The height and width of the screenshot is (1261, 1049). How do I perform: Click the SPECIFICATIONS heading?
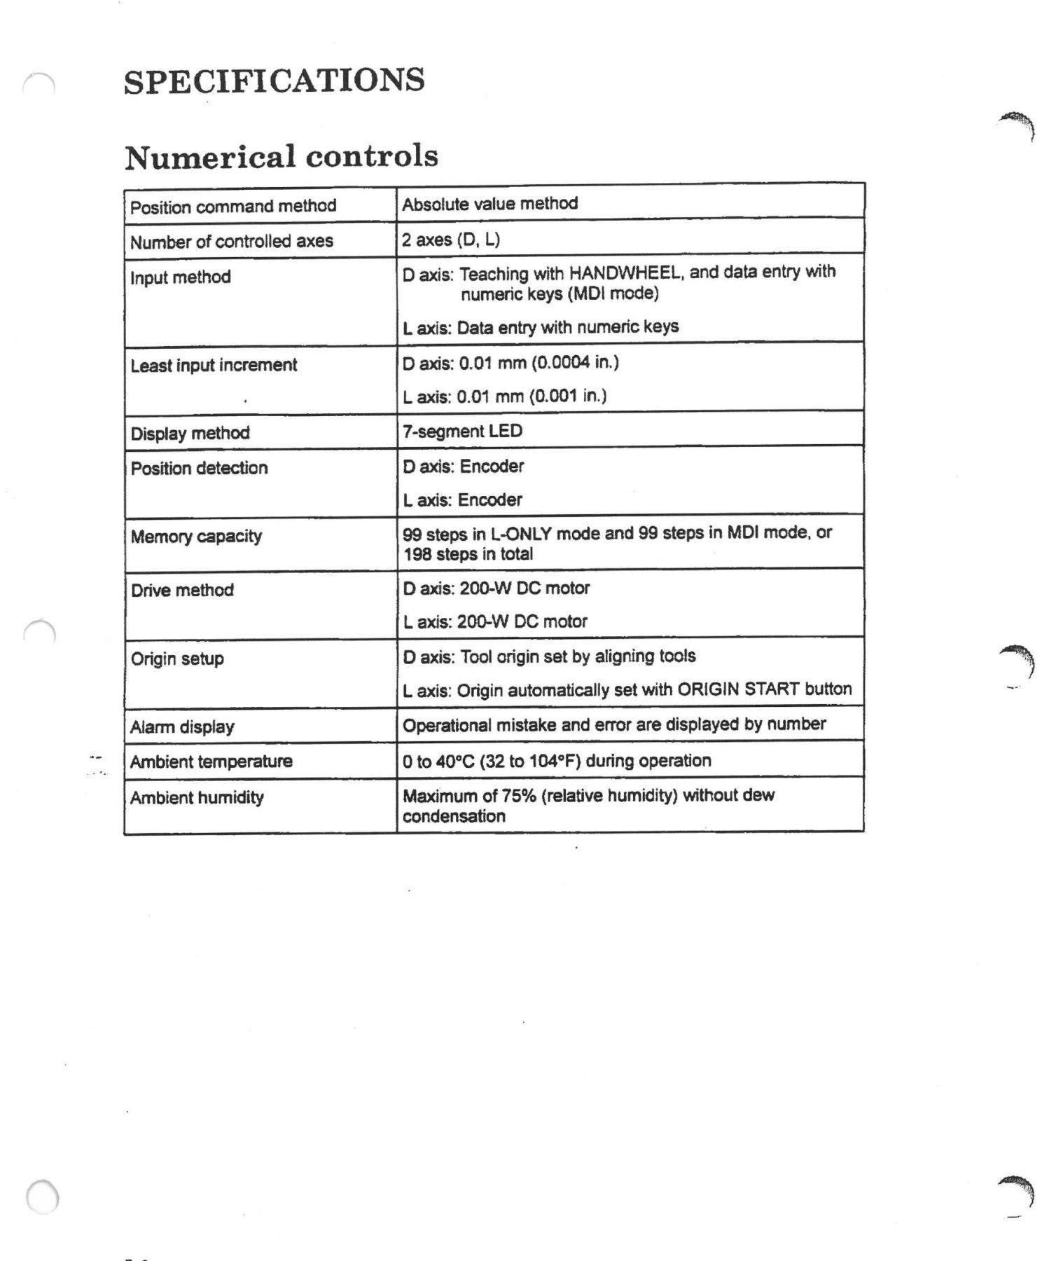[274, 81]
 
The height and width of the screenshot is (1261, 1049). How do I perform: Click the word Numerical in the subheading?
[209, 157]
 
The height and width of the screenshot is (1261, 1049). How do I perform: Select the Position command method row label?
[233, 207]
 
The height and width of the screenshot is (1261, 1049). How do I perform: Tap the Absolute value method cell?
[489, 204]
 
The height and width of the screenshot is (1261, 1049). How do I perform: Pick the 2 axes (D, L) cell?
[450, 240]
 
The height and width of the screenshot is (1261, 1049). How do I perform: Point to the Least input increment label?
[214, 365]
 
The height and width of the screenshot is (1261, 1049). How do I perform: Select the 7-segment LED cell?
[462, 431]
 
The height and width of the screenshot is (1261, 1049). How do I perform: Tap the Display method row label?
[190, 433]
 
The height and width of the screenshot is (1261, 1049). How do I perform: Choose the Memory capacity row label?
[196, 537]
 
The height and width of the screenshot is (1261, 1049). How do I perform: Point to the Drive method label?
[182, 590]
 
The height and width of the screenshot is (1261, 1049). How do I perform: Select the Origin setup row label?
[177, 659]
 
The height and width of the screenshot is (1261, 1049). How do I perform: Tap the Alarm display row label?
[182, 726]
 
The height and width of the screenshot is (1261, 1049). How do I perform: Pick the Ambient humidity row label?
[197, 797]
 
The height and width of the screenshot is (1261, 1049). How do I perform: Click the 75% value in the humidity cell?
[517, 796]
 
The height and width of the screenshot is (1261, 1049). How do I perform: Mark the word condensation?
[453, 816]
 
